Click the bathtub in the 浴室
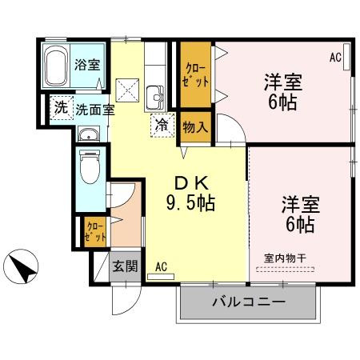pos(56,66)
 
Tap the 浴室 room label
pos(87,65)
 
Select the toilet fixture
pos(90,167)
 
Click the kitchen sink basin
pos(154,97)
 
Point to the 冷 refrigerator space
pos(162,125)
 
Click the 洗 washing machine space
pos(62,107)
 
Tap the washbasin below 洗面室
pos(89,134)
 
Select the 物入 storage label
pos(195,127)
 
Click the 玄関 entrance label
pos(125,266)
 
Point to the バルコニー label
pos(249,302)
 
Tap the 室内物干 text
pos(285,258)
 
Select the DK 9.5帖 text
pos(191,194)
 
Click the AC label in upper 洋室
pos(335,58)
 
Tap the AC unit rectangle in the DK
pos(161,277)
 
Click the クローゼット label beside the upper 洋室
pos(195,75)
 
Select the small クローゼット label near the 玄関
pos(95,232)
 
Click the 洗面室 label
pos(95,110)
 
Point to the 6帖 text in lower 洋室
pos(300,225)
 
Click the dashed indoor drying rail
pos(285,270)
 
